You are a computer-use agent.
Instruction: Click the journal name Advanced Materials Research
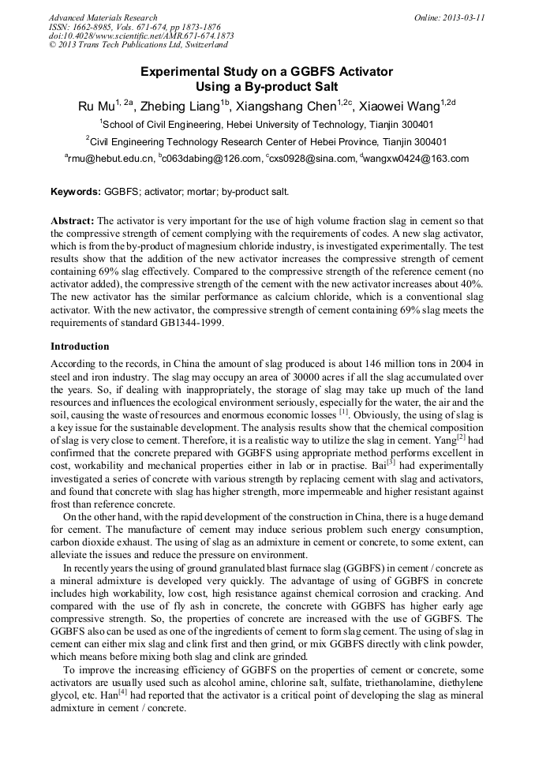pyautogui.click(x=103, y=17)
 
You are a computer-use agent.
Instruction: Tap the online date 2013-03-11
pyautogui.click(x=461, y=17)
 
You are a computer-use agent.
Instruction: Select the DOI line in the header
pyautogui.click(x=141, y=36)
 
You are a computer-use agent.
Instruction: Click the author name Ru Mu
pyautogui.click(x=95, y=107)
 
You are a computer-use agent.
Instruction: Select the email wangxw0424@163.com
pyautogui.click(x=417, y=159)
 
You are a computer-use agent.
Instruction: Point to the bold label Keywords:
pyautogui.click(x=75, y=192)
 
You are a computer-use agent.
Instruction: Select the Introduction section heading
pyautogui.click(x=80, y=347)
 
